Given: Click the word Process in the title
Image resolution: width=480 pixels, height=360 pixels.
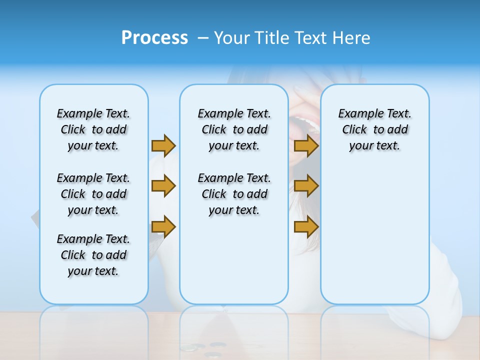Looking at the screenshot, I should [154, 38].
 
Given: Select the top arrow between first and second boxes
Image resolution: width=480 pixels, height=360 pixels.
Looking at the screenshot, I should [163, 145].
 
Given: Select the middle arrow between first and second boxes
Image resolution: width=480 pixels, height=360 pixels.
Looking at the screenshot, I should [163, 186].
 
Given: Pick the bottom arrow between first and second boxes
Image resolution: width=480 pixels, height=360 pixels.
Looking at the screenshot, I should [163, 227].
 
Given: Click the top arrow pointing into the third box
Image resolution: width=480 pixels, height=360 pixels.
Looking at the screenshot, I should [306, 145].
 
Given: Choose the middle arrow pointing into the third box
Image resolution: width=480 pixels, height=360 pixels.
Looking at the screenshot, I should [306, 186].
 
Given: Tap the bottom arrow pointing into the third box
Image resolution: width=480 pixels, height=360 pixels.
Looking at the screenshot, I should [306, 227].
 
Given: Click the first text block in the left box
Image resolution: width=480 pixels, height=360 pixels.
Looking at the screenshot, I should [93, 129].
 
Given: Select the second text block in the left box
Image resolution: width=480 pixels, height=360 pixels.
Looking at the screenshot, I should [93, 194].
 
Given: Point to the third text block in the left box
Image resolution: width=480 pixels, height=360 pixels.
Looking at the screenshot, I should [93, 255].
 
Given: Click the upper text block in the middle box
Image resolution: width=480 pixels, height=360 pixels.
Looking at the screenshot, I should [234, 129].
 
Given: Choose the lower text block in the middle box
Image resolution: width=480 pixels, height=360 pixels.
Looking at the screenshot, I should [234, 194].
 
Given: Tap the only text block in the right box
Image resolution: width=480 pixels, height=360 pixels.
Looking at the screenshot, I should [374, 129].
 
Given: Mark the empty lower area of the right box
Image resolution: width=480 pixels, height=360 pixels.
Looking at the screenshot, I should [374, 235].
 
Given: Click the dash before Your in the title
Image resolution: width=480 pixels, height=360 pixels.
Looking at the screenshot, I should [203, 38].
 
